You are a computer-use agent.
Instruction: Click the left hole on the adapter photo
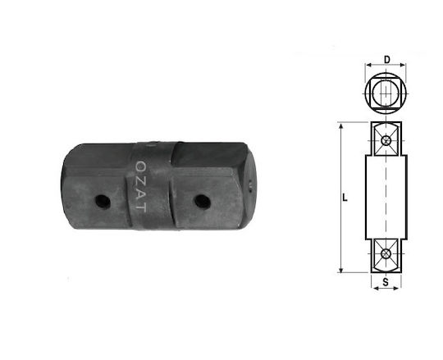103,202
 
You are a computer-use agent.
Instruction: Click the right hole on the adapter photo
203,202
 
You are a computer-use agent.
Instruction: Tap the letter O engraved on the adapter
140,166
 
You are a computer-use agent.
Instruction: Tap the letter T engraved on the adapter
141,207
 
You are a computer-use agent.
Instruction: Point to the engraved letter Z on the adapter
140,180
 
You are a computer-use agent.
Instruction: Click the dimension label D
386,60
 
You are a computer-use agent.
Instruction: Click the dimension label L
345,198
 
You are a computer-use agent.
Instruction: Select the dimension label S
386,281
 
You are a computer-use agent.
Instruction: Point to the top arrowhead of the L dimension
341,126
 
